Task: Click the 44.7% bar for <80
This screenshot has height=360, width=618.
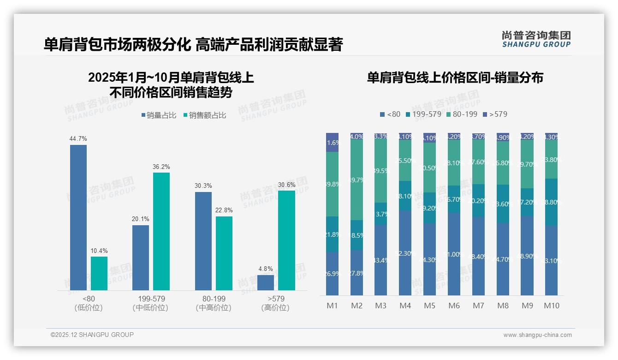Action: click(78, 217)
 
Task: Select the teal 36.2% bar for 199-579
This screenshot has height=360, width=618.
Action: click(161, 231)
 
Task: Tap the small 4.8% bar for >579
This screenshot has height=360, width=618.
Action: click(266, 282)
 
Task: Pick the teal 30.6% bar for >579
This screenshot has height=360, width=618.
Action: click(286, 240)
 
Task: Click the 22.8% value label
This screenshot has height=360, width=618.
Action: click(224, 210)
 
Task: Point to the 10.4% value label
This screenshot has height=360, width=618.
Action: click(99, 251)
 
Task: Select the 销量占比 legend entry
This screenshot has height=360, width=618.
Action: click(159, 115)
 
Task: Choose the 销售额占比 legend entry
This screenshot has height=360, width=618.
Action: click(205, 115)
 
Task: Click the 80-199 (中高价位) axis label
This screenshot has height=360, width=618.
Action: click(214, 303)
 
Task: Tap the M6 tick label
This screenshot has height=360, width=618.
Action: click(454, 306)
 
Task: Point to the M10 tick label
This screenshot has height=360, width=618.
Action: click(552, 306)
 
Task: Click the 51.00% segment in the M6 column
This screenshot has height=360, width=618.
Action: click(454, 254)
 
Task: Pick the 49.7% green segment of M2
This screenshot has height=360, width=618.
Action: click(357, 180)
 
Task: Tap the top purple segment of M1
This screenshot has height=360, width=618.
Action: click(332, 142)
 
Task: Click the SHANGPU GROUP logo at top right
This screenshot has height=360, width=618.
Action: click(536, 39)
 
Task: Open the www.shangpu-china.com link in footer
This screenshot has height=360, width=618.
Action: click(537, 335)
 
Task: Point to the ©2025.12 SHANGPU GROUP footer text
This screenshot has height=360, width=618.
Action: click(92, 335)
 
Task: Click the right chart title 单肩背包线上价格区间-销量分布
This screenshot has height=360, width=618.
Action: click(455, 78)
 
